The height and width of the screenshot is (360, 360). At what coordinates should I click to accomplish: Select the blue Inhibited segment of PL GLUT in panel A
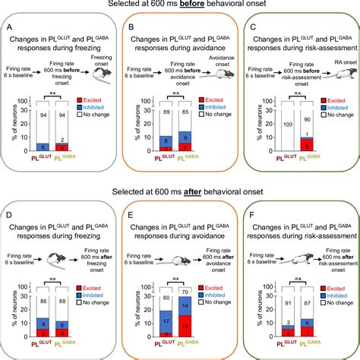pyautogui.click(x=43, y=147)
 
